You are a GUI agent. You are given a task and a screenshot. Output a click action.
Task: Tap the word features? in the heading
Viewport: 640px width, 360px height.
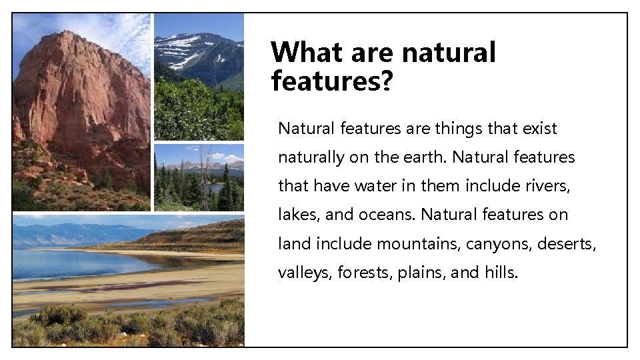pyautogui.click(x=332, y=81)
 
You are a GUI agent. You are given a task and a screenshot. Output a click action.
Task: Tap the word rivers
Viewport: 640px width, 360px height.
pyautogui.click(x=546, y=186)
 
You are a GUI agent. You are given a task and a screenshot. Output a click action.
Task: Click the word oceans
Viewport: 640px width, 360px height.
pyautogui.click(x=388, y=215)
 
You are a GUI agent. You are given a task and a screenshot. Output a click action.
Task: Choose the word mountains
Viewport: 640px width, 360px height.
pyautogui.click(x=417, y=243)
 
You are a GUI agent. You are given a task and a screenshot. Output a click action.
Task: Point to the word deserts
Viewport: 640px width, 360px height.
pyautogui.click(x=570, y=243)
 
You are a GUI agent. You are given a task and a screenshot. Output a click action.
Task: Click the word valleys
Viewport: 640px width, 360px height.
pyautogui.click(x=303, y=273)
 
